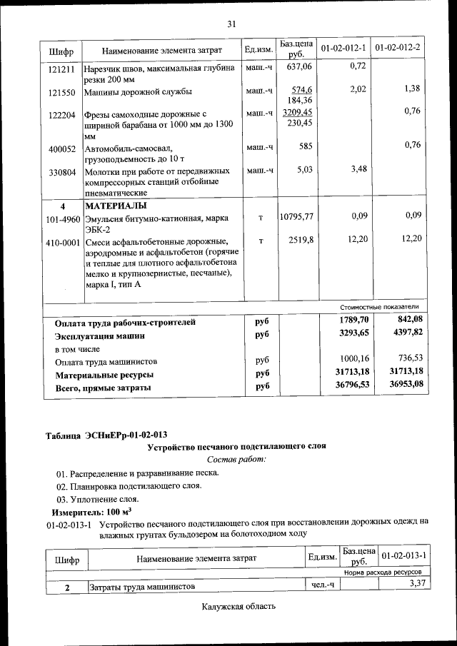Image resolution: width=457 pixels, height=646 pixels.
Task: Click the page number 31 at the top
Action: pyautogui.click(x=231, y=24)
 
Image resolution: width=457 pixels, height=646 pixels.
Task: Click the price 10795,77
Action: pyautogui.click(x=296, y=216)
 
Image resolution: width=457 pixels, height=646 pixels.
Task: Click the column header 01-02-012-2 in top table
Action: pyautogui.click(x=398, y=48)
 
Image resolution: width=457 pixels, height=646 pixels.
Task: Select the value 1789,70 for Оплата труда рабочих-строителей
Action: pyautogui.click(x=354, y=320)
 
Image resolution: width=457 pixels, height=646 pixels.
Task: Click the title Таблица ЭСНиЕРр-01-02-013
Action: pyautogui.click(x=107, y=435)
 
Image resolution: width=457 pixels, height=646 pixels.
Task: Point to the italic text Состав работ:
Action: pyautogui.click(x=236, y=459)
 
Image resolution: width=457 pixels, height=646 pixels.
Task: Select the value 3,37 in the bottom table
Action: pyautogui.click(x=413, y=584)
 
